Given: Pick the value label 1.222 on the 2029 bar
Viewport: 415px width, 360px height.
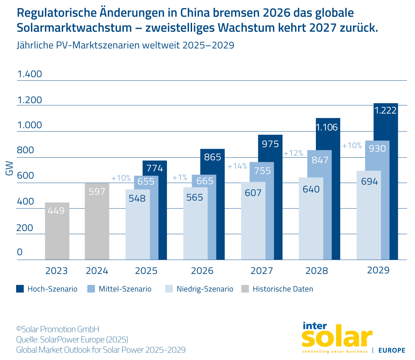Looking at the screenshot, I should click(x=386, y=110).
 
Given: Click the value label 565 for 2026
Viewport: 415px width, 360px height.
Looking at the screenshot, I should click(x=195, y=197).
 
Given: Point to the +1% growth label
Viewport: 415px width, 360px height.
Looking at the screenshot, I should click(x=180, y=178).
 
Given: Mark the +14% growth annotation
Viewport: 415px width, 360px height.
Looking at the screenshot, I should click(x=237, y=166).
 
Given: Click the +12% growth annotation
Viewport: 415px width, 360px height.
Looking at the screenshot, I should click(x=293, y=153).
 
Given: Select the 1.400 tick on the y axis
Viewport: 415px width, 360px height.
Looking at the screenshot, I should click(x=29, y=74).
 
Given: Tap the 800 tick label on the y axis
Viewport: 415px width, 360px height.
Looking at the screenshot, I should click(x=26, y=150).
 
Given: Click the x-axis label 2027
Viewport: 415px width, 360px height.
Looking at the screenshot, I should click(x=262, y=271).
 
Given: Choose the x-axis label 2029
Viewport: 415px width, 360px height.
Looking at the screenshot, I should click(x=378, y=270).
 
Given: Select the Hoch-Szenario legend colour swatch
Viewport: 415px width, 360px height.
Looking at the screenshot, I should click(x=20, y=289).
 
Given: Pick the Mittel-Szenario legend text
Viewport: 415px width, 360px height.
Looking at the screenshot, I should click(x=125, y=289).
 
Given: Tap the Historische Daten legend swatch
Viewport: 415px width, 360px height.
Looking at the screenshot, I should click(x=245, y=289).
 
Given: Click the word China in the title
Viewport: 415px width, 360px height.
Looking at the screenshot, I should click(x=195, y=13).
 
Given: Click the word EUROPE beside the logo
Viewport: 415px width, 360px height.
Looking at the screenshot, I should click(x=392, y=350).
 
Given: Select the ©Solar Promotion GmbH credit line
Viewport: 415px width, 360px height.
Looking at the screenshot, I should click(x=58, y=329).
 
